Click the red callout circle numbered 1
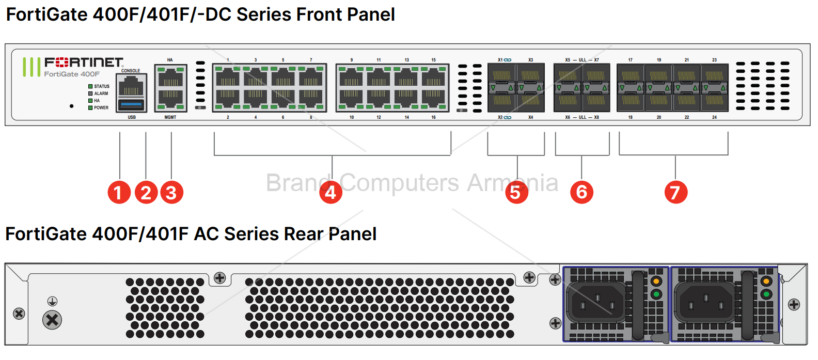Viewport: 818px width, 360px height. (119, 192)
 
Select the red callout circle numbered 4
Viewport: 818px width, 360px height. (331, 192)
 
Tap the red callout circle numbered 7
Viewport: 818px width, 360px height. (675, 192)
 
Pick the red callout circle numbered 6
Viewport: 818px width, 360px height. (581, 192)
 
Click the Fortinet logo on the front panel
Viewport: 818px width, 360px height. (84, 62)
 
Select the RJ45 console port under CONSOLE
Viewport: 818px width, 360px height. (131, 85)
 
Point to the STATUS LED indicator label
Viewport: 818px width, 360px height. (101, 86)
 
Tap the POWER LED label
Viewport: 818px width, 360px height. (101, 108)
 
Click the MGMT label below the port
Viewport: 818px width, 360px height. (170, 117)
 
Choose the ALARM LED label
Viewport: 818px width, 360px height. (101, 93)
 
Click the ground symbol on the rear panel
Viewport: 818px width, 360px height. (52, 301)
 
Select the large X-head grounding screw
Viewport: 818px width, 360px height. (52, 320)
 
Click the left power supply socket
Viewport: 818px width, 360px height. (597, 303)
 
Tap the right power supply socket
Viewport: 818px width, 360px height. (705, 303)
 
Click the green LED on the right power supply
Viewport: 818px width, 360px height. (766, 294)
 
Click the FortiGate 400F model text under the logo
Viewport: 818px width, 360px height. (72, 74)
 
